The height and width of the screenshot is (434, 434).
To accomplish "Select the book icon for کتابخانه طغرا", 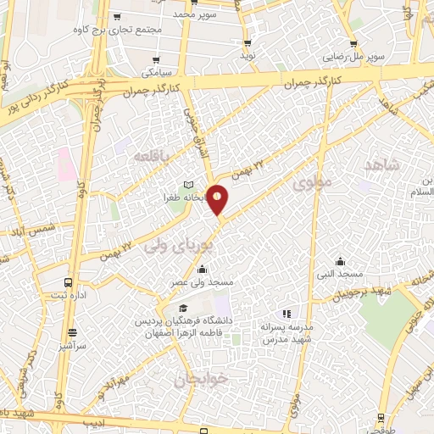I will [189, 185].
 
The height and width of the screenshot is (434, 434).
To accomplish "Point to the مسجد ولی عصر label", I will [209, 280].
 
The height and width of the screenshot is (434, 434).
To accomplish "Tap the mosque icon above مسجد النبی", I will [340, 261].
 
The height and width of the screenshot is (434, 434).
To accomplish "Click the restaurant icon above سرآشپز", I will [72, 332].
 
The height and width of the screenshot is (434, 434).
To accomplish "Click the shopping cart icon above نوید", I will [248, 42].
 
